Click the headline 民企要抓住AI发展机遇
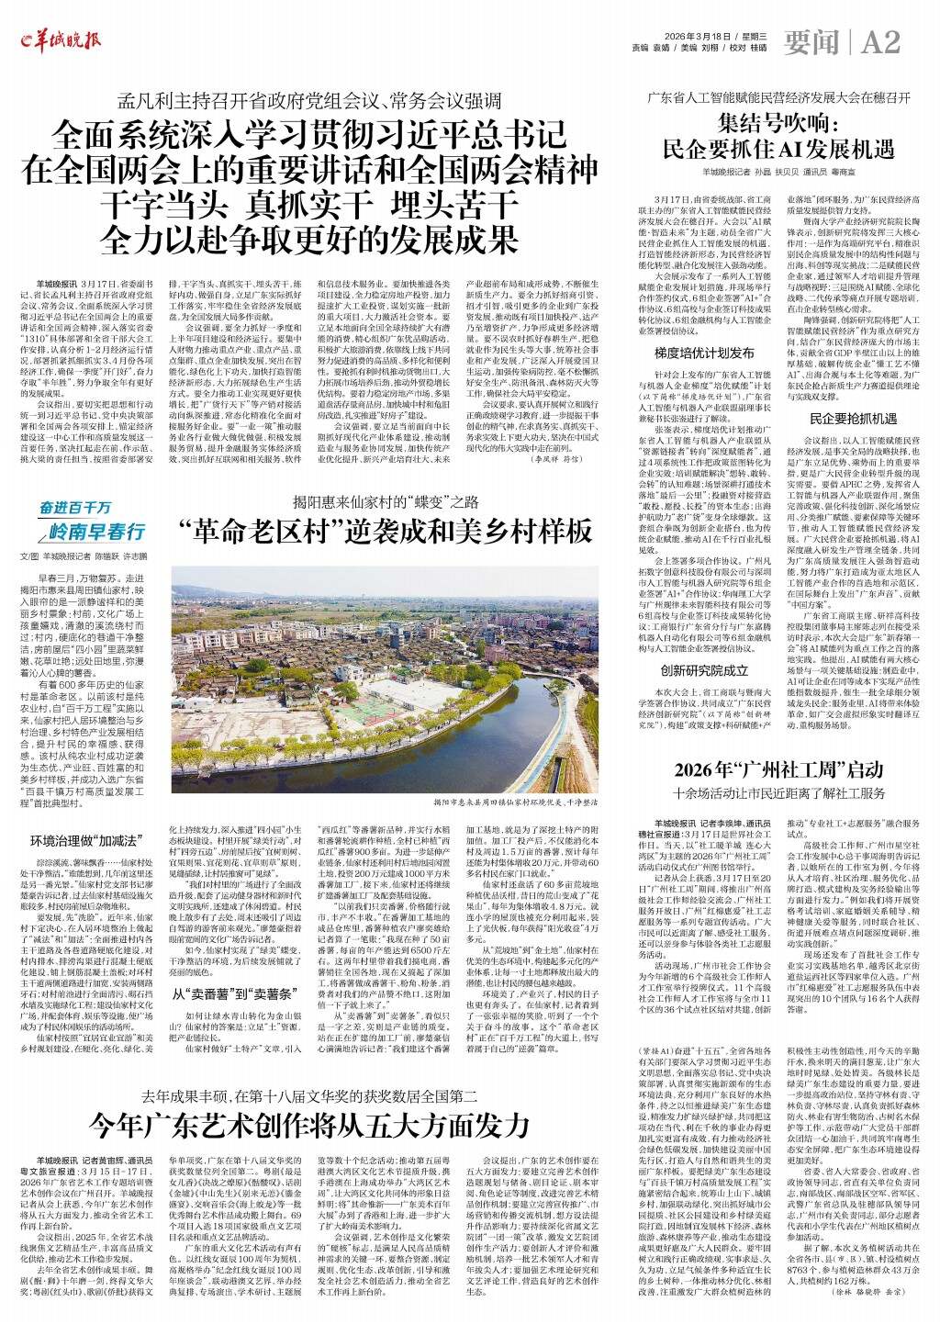click(778, 149)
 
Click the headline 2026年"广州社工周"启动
click(778, 769)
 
